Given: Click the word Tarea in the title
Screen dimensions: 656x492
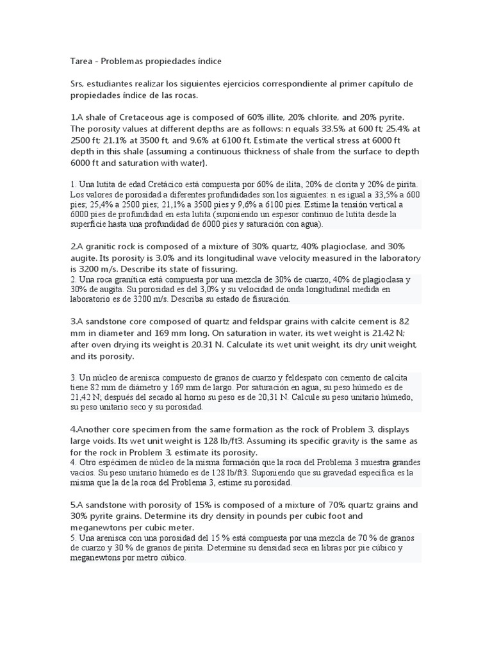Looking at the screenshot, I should coord(81,61).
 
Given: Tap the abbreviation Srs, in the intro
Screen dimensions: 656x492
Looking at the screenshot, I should coord(78,85).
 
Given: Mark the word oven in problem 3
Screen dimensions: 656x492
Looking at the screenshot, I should coord(105,345).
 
